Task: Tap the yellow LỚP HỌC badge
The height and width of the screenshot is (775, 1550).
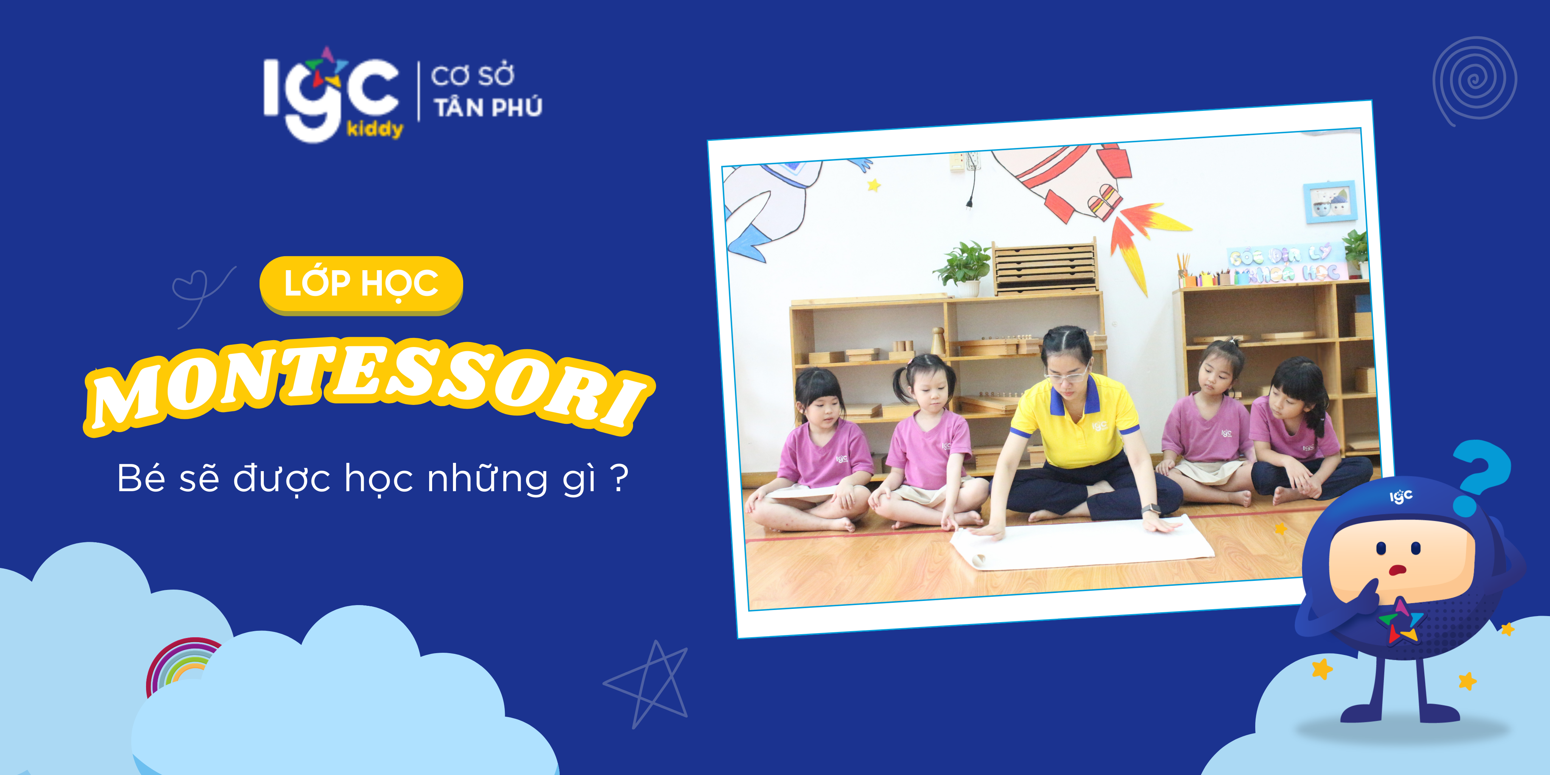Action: pos(361,284)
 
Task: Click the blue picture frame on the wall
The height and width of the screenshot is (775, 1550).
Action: pos(1330,202)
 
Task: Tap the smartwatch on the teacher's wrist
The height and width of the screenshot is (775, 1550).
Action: pos(1150,509)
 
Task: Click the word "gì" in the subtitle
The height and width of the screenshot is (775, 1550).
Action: pos(579,479)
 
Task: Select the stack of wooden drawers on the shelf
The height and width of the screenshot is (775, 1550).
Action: pos(1044,268)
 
